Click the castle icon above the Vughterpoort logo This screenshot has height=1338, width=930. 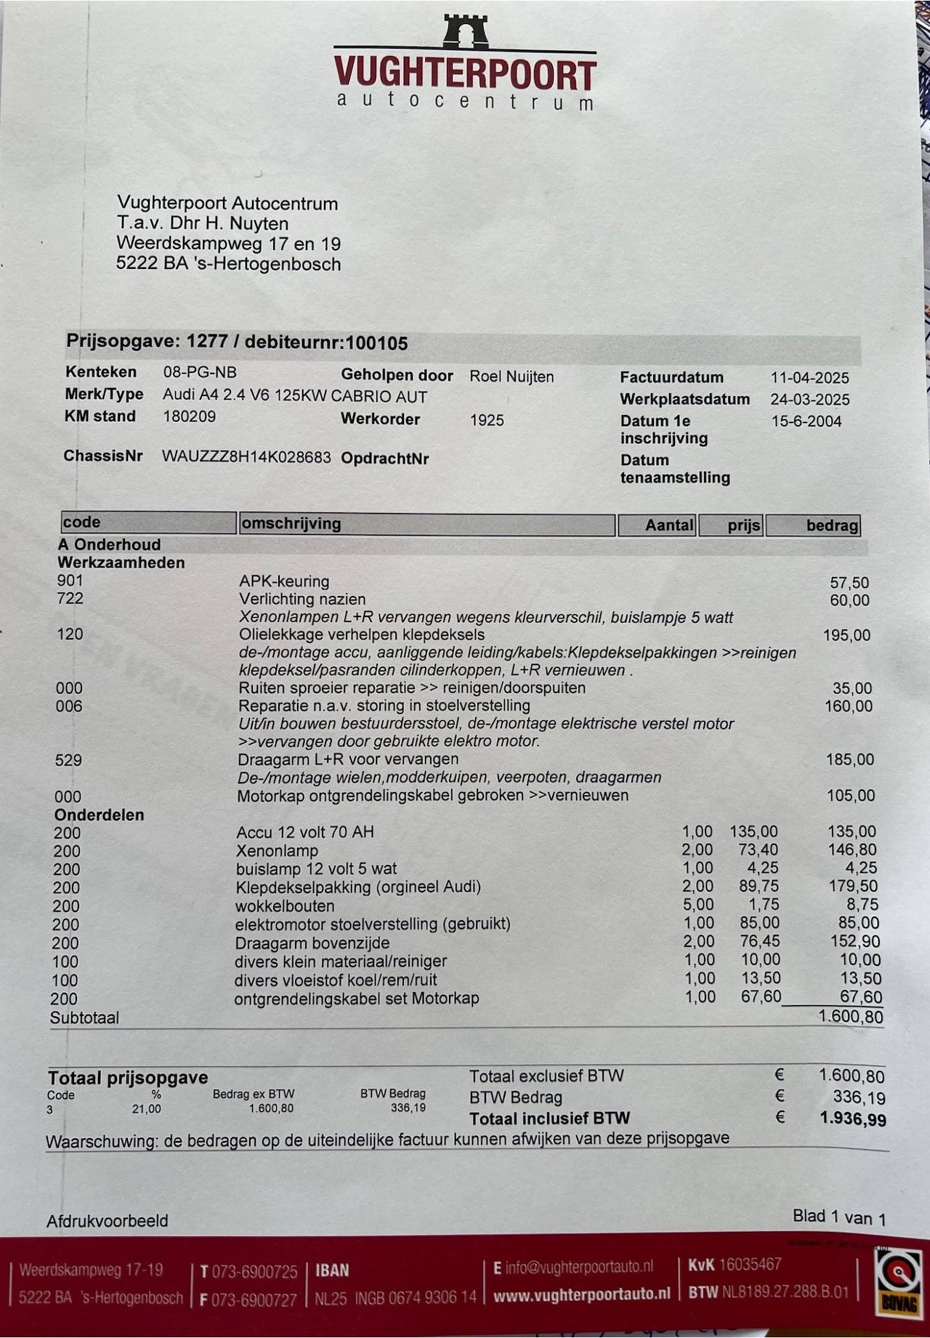pos(466,31)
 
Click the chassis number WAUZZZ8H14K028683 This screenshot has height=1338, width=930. pos(246,457)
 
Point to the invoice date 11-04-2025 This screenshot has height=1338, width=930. pos(809,378)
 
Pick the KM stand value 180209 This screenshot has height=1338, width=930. pos(189,416)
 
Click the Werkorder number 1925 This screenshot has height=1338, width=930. pos(487,420)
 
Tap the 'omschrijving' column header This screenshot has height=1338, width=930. pos(291,523)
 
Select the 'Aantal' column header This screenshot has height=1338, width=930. pos(668,525)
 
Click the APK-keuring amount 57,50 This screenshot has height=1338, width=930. pos(849,583)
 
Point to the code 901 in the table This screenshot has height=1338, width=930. pos(70,581)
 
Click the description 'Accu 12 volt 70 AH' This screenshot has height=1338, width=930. pos(305,832)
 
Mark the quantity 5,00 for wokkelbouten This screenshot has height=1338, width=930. pos(698,905)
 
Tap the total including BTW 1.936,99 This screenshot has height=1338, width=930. pos(853,1119)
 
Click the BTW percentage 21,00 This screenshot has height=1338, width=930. pos(146,1109)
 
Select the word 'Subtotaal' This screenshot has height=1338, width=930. pos(84,1017)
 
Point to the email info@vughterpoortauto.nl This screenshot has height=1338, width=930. pos(580,1268)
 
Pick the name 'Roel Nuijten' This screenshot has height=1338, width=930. pos(511,376)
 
